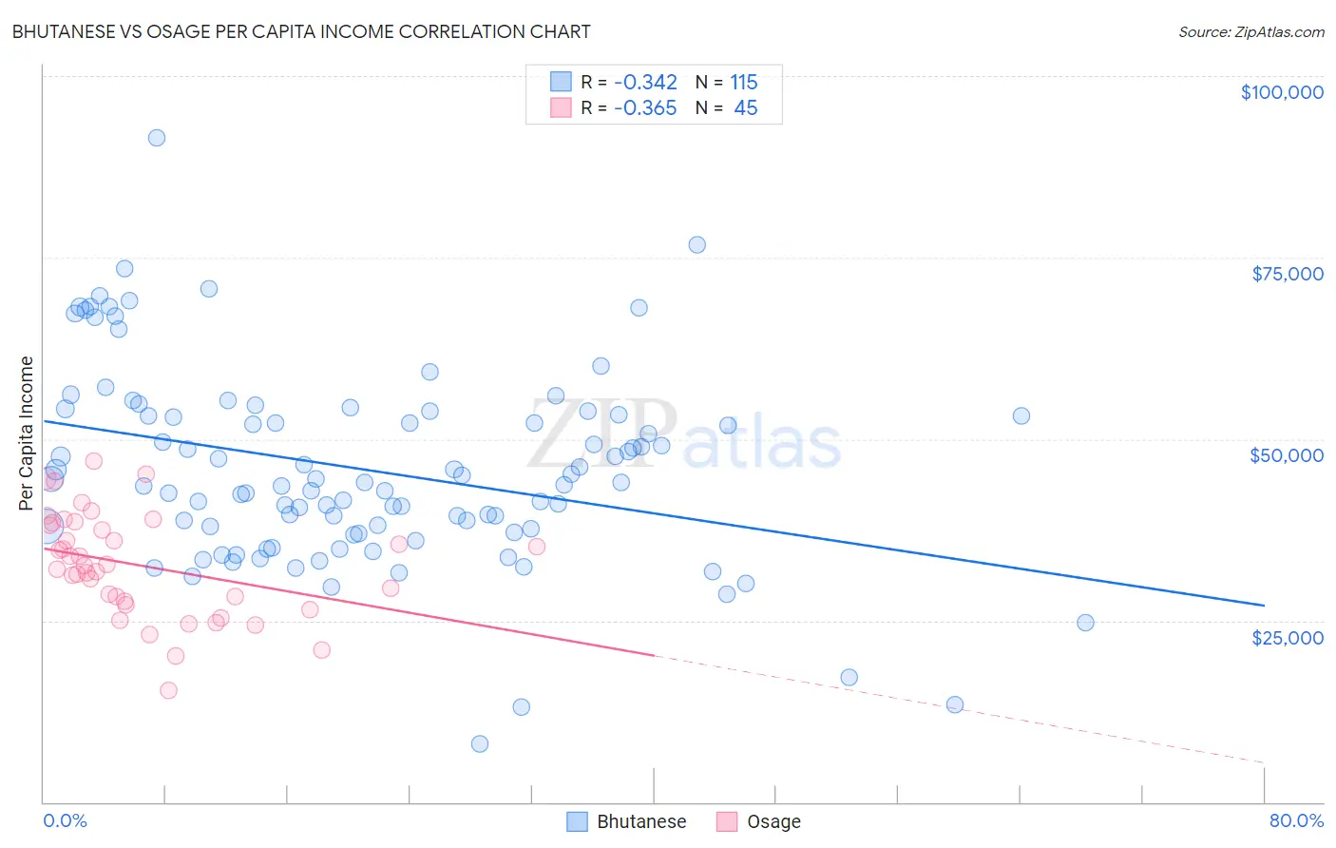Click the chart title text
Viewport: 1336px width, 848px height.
[301, 31]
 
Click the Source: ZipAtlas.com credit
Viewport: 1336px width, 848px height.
[1250, 31]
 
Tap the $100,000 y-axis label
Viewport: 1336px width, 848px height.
[1281, 92]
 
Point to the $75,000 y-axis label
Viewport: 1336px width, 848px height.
[1287, 274]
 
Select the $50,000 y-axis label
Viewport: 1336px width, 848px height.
[1286, 455]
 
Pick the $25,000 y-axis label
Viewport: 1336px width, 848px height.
[1287, 637]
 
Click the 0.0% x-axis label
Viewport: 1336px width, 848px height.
[65, 820]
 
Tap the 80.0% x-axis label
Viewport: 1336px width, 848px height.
[1295, 820]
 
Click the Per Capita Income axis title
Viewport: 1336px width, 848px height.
[27, 433]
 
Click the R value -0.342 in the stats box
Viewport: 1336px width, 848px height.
[645, 83]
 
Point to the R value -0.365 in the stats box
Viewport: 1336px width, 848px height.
[645, 108]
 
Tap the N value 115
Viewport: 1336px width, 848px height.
[744, 83]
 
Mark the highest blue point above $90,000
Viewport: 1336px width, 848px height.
[157, 138]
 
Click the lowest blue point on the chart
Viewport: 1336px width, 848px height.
[480, 743]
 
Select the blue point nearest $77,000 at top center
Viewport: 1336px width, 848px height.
[697, 244]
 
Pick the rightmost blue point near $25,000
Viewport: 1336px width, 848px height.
[1085, 623]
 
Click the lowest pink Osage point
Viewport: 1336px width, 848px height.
[168, 690]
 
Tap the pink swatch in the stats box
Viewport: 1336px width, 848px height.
[561, 107]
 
